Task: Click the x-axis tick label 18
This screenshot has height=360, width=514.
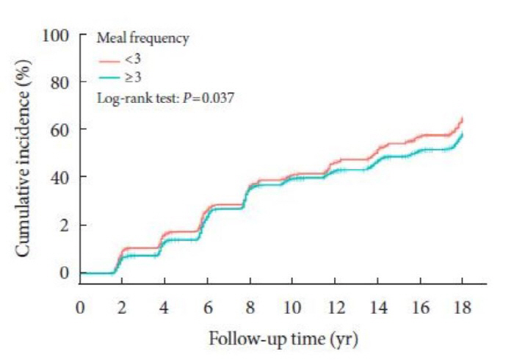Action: coord(463,306)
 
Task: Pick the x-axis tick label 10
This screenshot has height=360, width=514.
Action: coord(292,306)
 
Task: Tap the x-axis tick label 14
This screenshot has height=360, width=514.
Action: coord(377,306)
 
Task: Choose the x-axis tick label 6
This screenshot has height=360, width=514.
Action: coord(207,306)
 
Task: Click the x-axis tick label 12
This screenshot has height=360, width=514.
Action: coord(335,306)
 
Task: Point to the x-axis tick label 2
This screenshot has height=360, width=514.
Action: coord(122,306)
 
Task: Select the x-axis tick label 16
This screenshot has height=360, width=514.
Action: coord(420,306)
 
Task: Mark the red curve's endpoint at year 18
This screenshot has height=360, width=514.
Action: coord(462,118)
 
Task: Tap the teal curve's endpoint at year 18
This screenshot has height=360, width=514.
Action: coord(462,134)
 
